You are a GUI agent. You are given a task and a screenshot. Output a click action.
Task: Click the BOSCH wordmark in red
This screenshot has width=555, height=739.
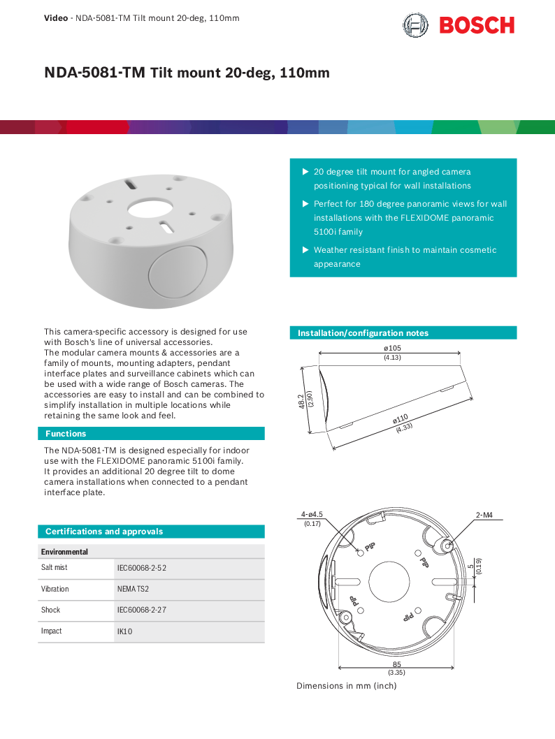tap(477, 26)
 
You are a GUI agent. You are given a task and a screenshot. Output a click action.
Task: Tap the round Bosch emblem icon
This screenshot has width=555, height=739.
tap(415, 26)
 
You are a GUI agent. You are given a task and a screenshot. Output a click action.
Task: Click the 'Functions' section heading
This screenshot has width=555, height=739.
tap(66, 434)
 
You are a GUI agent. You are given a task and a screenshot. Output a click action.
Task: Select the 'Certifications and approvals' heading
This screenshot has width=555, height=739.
tap(104, 532)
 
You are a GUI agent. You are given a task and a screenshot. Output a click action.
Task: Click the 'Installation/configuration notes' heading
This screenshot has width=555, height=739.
tap(363, 333)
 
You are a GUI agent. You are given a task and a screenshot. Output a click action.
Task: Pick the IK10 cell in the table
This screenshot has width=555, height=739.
tap(125, 631)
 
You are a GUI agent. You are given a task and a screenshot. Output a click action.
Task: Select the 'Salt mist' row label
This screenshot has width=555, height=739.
tap(55, 568)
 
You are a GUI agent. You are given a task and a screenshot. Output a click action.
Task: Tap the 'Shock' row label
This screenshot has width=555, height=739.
tap(50, 610)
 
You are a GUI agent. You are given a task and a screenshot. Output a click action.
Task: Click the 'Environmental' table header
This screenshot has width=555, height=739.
tap(64, 552)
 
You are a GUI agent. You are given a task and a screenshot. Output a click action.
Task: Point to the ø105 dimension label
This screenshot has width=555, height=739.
tap(392, 348)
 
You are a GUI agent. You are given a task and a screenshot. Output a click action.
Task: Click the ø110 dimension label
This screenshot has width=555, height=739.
tap(400, 419)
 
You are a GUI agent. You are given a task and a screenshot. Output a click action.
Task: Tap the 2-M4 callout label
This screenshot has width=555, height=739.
tap(484, 515)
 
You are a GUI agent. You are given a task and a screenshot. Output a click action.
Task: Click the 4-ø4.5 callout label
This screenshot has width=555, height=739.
tap(312, 515)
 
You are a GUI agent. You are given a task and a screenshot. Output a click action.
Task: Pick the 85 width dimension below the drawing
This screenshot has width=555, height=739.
tap(396, 664)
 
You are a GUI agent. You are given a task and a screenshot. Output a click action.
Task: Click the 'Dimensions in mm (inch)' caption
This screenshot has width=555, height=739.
tap(346, 686)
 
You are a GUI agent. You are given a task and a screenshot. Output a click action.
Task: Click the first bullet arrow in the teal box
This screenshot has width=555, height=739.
tap(305, 172)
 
